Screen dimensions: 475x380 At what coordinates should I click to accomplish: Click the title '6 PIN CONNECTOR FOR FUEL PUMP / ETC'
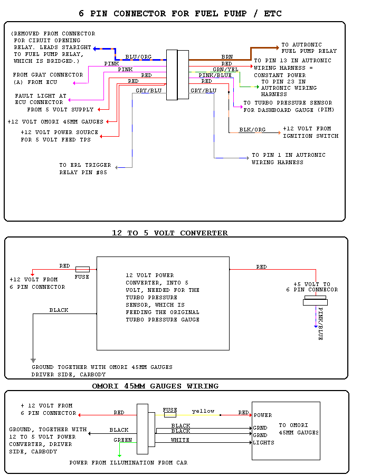(x=180, y=13)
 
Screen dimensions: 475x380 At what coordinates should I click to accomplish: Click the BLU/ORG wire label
(x=138, y=57)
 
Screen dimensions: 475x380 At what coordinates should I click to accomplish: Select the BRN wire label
(x=227, y=56)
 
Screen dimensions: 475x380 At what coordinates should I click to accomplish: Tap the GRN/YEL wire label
(x=225, y=69)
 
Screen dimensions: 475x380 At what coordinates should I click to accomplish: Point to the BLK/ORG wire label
(x=252, y=129)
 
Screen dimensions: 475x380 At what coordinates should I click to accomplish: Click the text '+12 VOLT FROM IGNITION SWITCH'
(x=310, y=132)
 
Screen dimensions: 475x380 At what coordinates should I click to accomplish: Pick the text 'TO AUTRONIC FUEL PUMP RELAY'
(x=309, y=48)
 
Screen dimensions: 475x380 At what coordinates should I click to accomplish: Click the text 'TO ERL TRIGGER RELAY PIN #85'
(x=83, y=168)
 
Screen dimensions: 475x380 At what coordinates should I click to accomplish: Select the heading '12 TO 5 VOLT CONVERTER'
(x=170, y=233)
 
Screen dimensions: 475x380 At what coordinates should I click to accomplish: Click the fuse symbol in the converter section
(x=82, y=269)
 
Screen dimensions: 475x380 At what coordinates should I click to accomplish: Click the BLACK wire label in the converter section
(x=59, y=310)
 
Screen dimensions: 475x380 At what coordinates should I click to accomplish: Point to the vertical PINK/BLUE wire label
(x=320, y=324)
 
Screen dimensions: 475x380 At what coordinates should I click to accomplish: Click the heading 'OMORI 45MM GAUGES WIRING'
(x=155, y=386)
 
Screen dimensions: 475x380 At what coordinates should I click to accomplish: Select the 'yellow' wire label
(x=203, y=411)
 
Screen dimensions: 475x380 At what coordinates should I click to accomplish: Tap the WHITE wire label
(x=180, y=440)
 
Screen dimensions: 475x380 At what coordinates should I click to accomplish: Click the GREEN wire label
(x=123, y=440)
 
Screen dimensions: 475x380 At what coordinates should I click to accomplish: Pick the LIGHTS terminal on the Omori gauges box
(x=263, y=442)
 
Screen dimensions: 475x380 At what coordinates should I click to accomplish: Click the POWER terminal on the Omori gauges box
(x=263, y=415)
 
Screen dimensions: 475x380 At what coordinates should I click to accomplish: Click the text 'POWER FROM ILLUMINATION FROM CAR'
(x=128, y=463)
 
